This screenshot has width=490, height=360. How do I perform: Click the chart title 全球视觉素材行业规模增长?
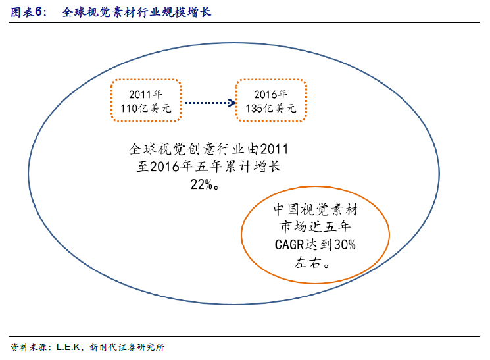(x=136, y=13)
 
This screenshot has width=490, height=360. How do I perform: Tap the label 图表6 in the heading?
(x=26, y=13)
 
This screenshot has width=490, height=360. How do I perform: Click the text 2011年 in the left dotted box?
(x=145, y=94)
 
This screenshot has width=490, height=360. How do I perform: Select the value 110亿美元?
(x=146, y=109)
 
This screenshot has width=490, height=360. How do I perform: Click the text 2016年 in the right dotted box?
(x=270, y=94)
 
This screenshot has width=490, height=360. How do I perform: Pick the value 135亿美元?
(x=270, y=109)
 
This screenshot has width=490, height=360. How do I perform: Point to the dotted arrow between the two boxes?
(x=210, y=103)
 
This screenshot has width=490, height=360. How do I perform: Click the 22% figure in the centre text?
(x=201, y=184)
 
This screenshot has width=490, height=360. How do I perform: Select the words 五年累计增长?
(x=238, y=167)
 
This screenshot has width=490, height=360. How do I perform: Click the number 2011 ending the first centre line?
(x=274, y=149)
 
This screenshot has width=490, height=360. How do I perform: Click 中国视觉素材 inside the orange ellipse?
(x=316, y=209)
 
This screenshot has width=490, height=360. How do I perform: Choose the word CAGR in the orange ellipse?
(x=289, y=245)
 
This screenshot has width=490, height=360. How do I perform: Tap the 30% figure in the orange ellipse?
(x=345, y=245)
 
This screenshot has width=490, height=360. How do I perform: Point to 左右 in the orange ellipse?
(x=308, y=263)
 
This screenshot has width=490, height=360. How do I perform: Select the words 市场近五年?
(x=315, y=227)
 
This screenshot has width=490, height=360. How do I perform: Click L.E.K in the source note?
(x=68, y=347)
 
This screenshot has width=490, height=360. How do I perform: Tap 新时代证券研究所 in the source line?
(x=127, y=347)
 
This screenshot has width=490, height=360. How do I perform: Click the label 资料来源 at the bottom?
(x=28, y=347)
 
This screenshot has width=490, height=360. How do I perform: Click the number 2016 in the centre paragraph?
(x=164, y=167)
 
